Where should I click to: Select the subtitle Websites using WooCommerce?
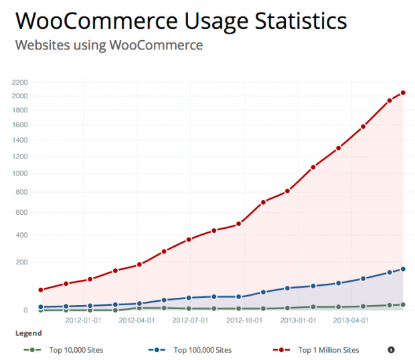pyautogui.click(x=108, y=46)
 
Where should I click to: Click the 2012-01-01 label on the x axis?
pyautogui.click(x=84, y=320)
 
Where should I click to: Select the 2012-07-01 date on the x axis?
pyautogui.click(x=189, y=320)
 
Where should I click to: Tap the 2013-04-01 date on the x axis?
pyautogui.click(x=351, y=320)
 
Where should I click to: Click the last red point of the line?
pyautogui.click(x=403, y=93)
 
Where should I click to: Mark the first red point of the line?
pyautogui.click(x=41, y=290)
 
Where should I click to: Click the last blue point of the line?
pyautogui.click(x=403, y=269)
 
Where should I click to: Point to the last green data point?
pyautogui.click(x=403, y=304)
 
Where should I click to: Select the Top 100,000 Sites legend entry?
pyautogui.click(x=201, y=349)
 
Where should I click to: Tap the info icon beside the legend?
pyautogui.click(x=391, y=349)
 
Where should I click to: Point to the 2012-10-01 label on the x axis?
pyautogui.click(x=244, y=320)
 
